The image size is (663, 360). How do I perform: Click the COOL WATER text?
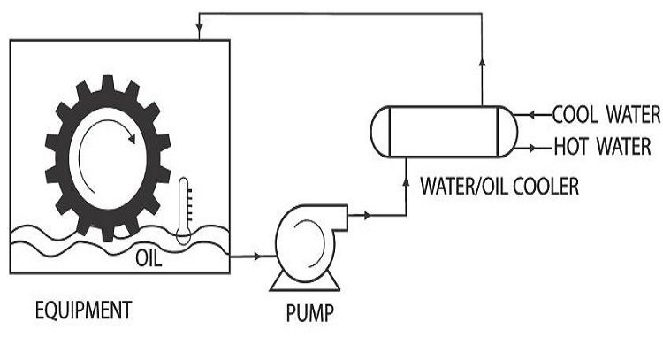[606, 114]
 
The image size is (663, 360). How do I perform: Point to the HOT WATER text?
[602, 145]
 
